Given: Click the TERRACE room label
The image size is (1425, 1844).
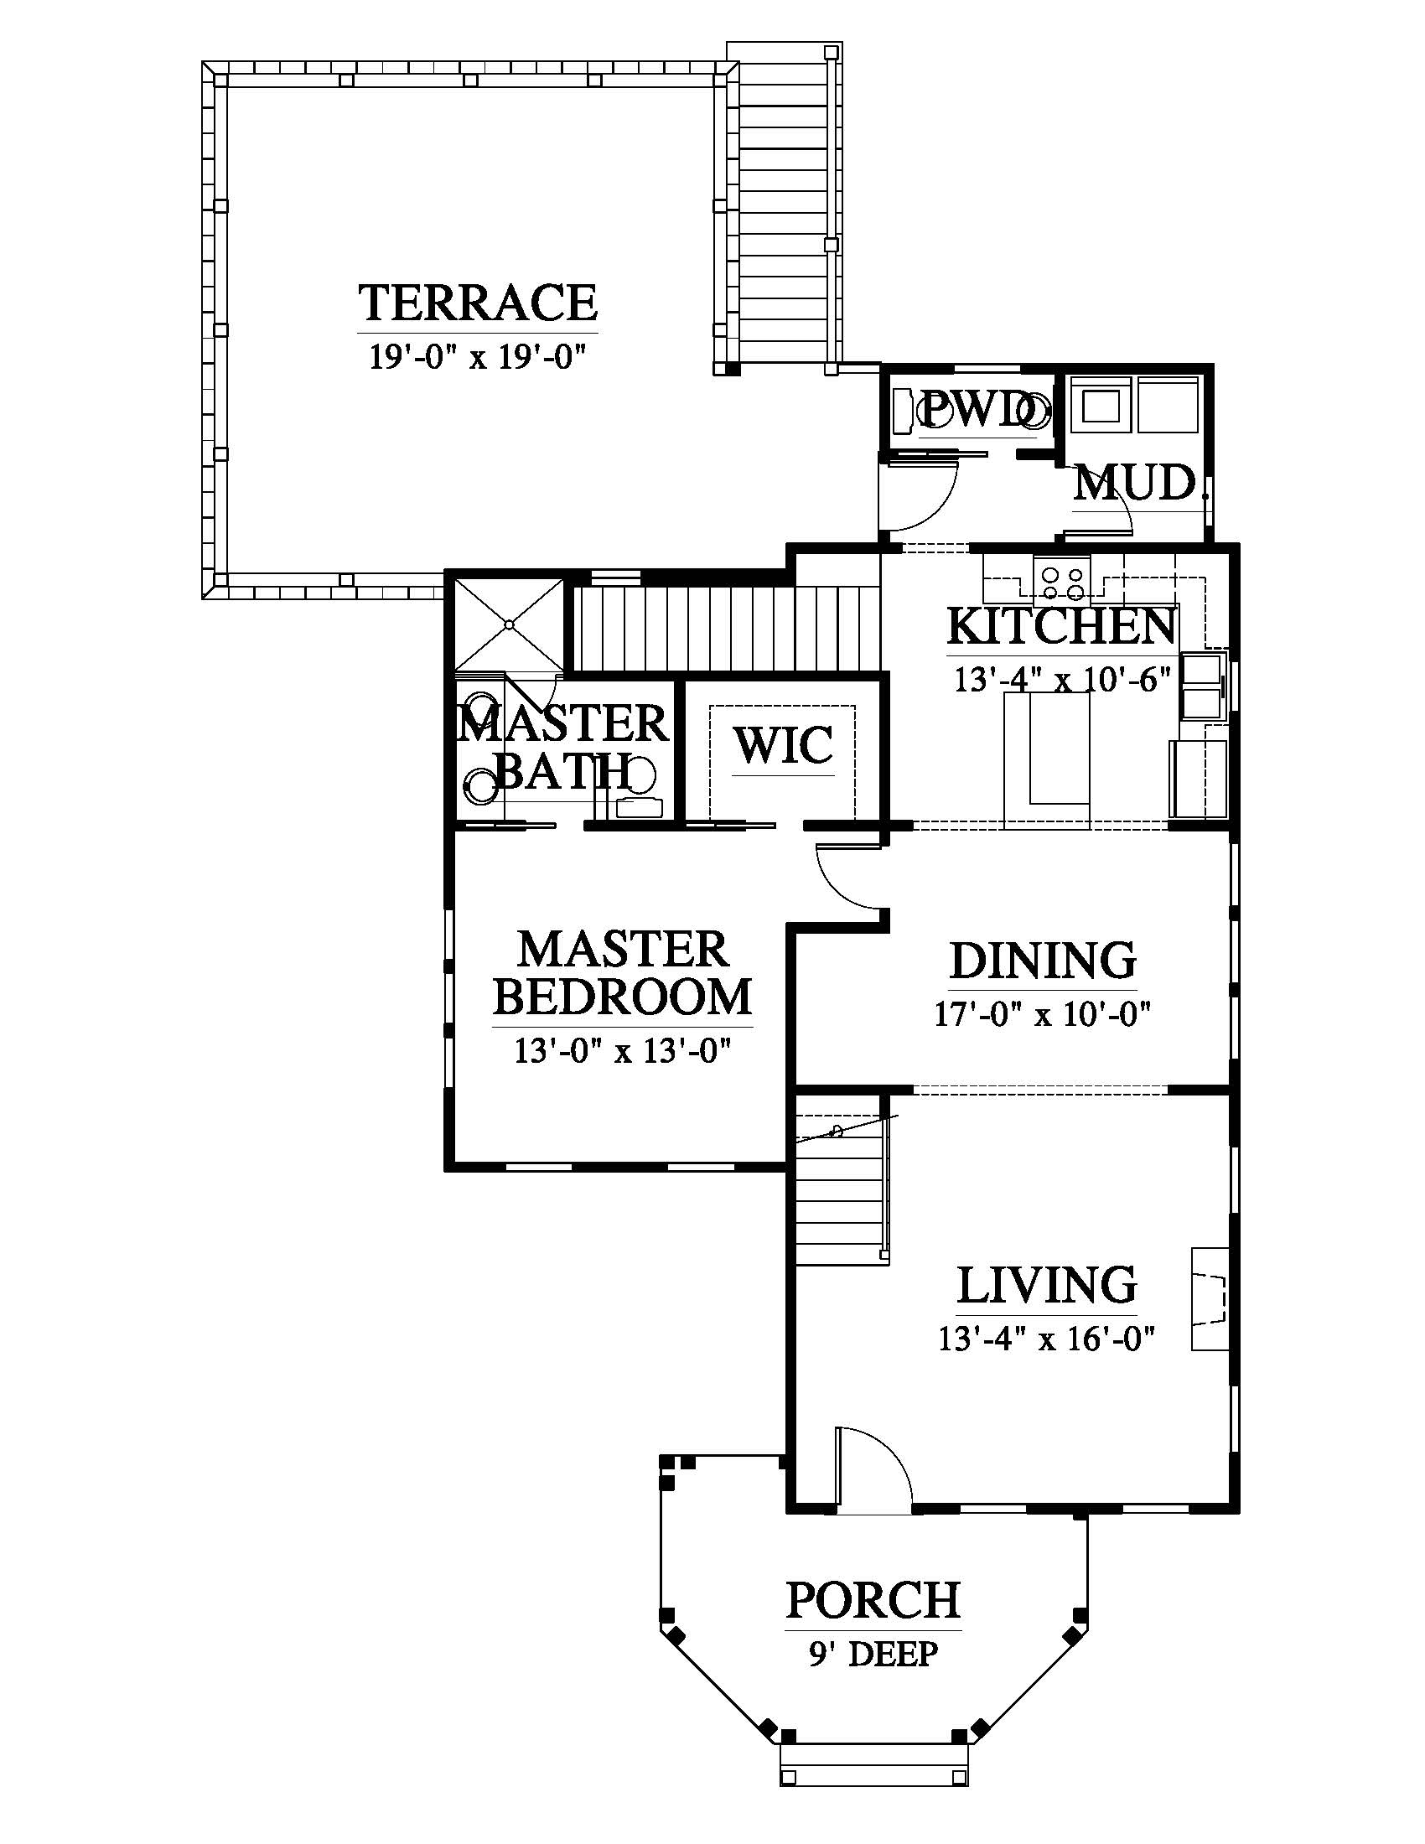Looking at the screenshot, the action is coord(479,303).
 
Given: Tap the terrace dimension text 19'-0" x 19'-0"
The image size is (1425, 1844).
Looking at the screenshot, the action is coord(478,356).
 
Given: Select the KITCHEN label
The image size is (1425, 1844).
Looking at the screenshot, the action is coord(1062,626).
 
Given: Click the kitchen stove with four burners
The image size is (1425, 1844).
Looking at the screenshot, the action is coord(1063,581).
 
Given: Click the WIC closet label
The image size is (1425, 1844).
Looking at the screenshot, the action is coord(784,745).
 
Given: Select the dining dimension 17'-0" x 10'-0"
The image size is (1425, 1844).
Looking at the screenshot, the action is coord(1043,1013).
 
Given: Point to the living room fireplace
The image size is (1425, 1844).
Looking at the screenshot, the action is coord(1209,1298).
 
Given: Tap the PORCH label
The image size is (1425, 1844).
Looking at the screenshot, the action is coord(873,1600).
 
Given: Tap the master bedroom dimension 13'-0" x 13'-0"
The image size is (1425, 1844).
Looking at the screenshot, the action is coord(622,1052).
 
